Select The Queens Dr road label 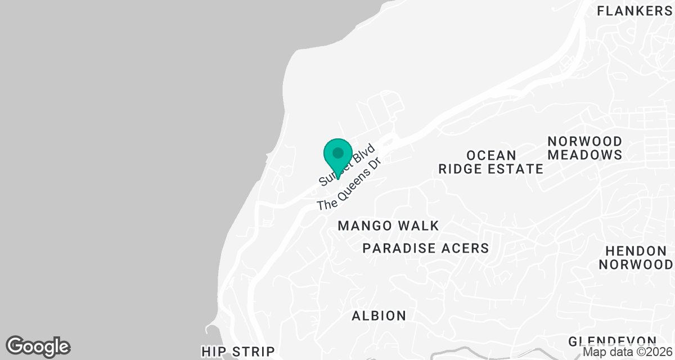349,184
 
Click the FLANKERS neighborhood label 634,11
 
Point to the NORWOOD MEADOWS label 585,147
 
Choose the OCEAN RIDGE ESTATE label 491,161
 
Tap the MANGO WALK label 388,226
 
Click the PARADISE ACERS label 426,248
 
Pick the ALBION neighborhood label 379,316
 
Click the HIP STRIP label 238,352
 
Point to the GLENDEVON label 612,341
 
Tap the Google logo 38,346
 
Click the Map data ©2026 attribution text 627,352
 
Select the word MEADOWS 585,154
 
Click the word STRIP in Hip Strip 255,352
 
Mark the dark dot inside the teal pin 338,152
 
